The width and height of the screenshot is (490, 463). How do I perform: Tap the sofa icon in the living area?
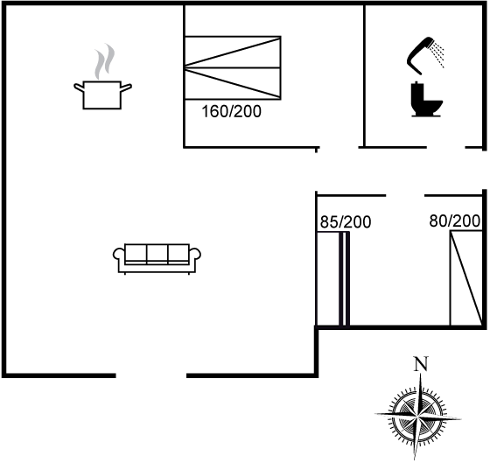coord(157,259)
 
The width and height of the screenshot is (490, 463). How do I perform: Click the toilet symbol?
coord(426,99)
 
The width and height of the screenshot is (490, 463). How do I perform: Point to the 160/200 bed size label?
coord(231,112)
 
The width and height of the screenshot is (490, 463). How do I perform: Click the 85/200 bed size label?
coord(346,222)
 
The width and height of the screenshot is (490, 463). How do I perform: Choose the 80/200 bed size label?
coord(454,221)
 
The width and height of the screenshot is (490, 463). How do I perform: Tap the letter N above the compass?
coord(421,364)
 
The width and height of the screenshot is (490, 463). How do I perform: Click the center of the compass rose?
coord(416,417)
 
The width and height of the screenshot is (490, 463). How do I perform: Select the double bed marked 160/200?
coord(233,68)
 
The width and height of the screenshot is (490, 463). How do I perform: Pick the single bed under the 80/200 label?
coord(465,278)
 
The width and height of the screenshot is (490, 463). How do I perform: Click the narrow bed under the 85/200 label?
coord(332,279)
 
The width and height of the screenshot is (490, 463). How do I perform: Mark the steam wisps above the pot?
coord(104,61)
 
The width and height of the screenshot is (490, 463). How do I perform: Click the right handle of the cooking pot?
coord(126,88)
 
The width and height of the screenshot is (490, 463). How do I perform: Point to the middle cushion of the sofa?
coord(157,253)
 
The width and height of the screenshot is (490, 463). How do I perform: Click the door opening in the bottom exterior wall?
coord(151,375)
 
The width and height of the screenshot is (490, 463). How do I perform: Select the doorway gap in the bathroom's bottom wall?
coord(446,147)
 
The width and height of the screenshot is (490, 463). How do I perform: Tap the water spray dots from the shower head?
coord(437,56)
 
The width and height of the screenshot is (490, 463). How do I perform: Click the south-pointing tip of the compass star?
coord(415,459)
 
